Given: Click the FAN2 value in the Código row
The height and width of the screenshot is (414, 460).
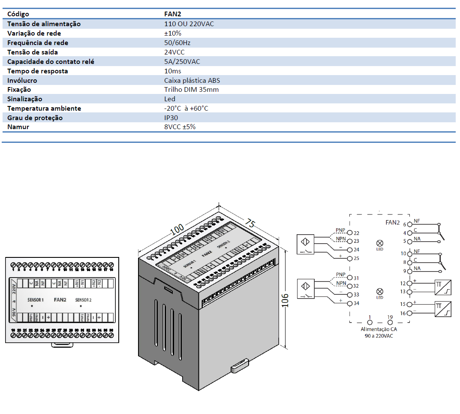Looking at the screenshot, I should coord(172,14).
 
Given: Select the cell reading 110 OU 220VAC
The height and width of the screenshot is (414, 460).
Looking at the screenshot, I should coord(189,24).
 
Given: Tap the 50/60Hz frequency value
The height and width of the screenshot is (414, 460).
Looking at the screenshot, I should coord(177,43).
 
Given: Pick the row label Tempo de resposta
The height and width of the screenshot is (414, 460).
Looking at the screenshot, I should coord(38,71).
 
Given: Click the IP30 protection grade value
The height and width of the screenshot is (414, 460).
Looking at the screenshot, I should coord(171,118).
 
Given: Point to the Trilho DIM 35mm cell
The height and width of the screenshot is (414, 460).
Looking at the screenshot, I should coord(191,90).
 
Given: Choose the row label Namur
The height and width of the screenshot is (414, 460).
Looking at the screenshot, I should coord(18,127).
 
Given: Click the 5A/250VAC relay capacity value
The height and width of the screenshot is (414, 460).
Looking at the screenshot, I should coord(182,61).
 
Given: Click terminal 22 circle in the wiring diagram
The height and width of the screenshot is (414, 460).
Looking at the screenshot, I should coord(350,233).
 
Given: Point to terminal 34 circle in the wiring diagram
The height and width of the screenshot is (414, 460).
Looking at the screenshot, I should coord(350,304).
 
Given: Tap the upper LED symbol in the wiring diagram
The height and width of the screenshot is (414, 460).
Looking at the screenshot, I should coord(379,243).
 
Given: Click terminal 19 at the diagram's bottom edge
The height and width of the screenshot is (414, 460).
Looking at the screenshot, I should coord(390,322).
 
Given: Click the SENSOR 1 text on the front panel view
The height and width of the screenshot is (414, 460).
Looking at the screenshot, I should coord(36,300).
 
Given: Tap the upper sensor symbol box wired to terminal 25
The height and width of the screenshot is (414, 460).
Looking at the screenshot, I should coord(306,245).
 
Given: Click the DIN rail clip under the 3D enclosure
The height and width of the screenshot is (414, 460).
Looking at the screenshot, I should coord(239,365).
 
